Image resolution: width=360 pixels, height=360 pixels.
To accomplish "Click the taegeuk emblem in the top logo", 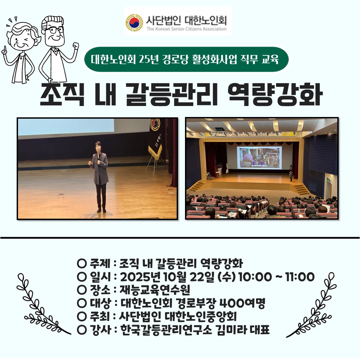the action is tap(134, 23).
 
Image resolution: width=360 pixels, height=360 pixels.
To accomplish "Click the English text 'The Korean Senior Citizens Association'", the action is tap(186, 29).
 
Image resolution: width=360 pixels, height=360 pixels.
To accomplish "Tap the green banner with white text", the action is tap(186, 59).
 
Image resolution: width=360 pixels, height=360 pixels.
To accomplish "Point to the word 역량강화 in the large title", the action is tap(275, 94).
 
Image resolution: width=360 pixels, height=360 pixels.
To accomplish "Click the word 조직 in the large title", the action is tap(62, 94).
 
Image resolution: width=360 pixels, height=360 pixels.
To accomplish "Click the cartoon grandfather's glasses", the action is tap(54, 30).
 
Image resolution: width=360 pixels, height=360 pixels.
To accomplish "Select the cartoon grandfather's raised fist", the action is tap(75, 47).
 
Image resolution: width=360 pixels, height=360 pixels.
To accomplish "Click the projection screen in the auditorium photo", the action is tap(259, 157).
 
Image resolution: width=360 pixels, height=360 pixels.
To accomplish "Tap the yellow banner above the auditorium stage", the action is tap(250, 134).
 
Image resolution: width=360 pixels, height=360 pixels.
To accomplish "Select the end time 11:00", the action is tap(300, 277).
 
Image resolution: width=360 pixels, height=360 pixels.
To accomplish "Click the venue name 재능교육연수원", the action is tap(155, 290).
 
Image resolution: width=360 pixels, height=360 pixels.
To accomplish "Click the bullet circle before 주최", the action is tap(82, 317).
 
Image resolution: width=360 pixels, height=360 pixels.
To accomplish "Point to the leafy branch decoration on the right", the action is tap(311, 305).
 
